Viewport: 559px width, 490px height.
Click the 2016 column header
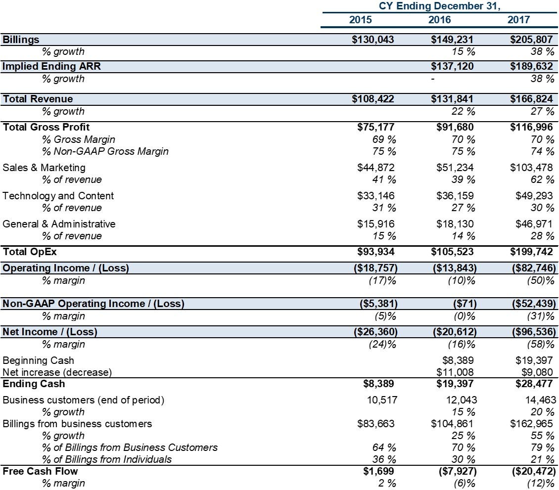coord(439,20)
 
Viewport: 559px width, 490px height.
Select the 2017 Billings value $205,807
coord(531,40)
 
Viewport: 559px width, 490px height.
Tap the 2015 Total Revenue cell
coord(373,99)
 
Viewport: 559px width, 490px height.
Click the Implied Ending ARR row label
coord(51,66)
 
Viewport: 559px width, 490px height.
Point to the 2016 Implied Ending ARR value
coord(452,66)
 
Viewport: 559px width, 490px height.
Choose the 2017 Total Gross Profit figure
coord(531,127)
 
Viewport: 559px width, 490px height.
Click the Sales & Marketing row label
coord(44,168)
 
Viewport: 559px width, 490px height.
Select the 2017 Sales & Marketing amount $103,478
coord(531,168)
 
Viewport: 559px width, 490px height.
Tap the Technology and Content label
coord(58,196)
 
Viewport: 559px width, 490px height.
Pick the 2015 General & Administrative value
coord(376,224)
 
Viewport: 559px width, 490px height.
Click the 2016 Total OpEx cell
coord(452,252)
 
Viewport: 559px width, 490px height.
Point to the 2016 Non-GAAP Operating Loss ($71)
coord(465,304)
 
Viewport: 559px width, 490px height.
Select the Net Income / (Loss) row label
coord(50,332)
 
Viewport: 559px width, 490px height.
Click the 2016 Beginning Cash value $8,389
coord(458,360)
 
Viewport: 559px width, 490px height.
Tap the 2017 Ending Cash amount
coord(534,384)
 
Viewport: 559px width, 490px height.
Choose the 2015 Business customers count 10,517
coord(382,400)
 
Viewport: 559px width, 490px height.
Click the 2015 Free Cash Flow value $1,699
coord(378,471)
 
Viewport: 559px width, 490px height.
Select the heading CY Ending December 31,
coord(440,6)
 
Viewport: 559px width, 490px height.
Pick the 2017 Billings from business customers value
coord(531,424)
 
